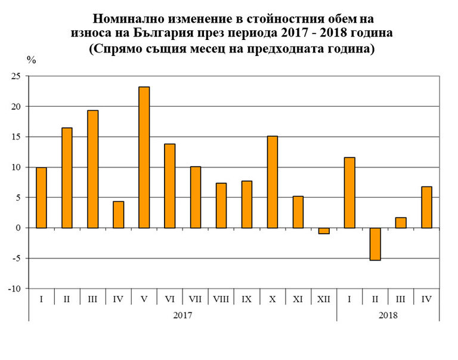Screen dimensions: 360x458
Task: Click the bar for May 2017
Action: point(144,157)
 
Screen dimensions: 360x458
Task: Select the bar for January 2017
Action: point(41,197)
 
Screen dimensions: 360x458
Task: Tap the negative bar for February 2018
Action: point(375,244)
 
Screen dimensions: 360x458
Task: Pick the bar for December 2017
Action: point(324,231)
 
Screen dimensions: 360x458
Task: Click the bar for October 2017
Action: point(273,182)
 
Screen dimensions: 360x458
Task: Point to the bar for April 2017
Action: point(118,215)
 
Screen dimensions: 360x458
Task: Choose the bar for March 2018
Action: point(401,222)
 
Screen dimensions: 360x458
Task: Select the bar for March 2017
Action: point(92,169)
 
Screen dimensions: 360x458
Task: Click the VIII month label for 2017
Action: point(221,298)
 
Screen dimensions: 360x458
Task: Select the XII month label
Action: point(323,298)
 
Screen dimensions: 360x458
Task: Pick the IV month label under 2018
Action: point(426,298)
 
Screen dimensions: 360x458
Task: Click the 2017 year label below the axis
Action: point(182,314)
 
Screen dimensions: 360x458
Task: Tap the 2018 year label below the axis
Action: point(388,314)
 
